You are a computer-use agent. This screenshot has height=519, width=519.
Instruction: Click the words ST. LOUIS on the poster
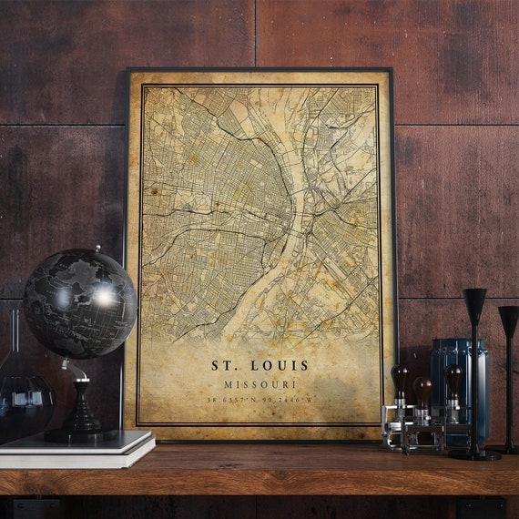click(260, 365)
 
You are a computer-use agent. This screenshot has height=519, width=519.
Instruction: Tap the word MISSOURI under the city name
click(260, 384)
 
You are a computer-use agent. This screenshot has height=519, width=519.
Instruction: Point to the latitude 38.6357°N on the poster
click(232, 400)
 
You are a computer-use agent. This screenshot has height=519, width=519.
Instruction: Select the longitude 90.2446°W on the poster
click(289, 400)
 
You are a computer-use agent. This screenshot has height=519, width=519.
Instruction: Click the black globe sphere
click(79, 303)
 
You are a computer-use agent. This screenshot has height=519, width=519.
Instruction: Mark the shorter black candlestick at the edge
click(508, 364)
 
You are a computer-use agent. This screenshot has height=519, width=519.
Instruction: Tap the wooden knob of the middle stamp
click(422, 387)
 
